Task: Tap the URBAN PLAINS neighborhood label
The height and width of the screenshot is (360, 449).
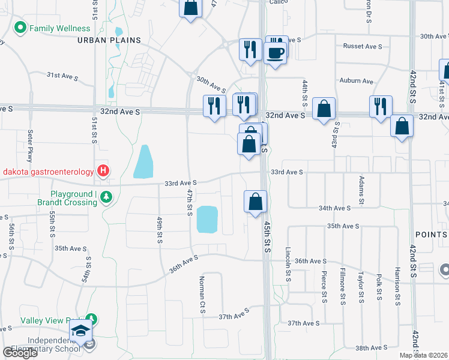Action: (109, 40)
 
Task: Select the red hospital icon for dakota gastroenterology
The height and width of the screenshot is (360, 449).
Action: (103, 172)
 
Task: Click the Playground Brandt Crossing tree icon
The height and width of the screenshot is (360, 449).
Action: (106, 197)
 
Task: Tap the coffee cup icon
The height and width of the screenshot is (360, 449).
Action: (275, 53)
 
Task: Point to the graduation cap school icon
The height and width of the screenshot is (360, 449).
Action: (80, 331)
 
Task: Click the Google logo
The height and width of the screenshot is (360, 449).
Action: (20, 353)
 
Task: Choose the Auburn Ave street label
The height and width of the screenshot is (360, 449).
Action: (356, 81)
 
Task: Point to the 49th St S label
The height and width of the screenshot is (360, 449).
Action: (160, 229)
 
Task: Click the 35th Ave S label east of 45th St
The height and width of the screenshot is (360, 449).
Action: (343, 226)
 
